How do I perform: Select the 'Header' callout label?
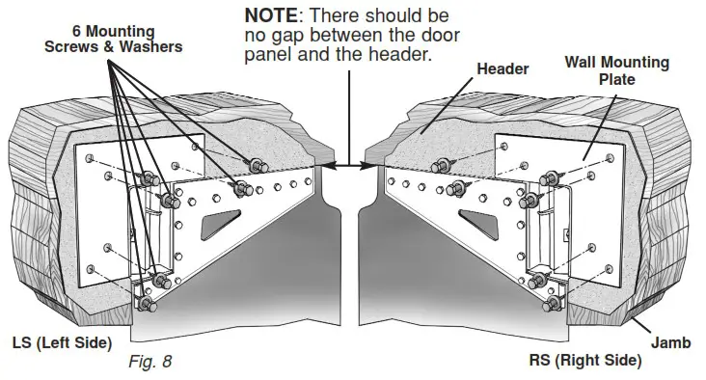point(502,68)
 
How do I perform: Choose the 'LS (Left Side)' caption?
point(62,342)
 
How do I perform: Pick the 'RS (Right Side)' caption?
point(584,360)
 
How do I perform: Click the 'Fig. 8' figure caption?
point(149,363)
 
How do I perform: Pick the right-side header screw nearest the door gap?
point(445,164)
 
